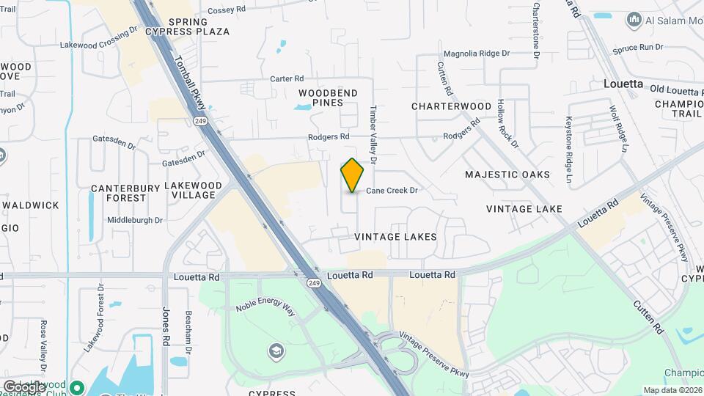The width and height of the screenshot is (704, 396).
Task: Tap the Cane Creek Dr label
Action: (x=392, y=191)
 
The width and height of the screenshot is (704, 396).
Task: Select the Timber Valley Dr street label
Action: (x=373, y=134)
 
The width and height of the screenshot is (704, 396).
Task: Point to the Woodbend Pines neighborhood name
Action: (x=328, y=98)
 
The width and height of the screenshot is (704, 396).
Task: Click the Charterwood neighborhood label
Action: (x=451, y=106)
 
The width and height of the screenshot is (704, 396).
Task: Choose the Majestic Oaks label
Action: (x=507, y=175)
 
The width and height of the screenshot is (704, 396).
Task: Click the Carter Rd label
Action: (x=286, y=78)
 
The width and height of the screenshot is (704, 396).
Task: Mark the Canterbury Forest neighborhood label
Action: (x=125, y=193)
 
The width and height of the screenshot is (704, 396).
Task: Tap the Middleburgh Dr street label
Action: (x=135, y=219)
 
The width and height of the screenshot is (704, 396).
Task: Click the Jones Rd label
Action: (x=166, y=326)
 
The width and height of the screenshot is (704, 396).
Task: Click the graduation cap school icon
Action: (x=276, y=349)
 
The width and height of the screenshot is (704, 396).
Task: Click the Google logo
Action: (x=23, y=386)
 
